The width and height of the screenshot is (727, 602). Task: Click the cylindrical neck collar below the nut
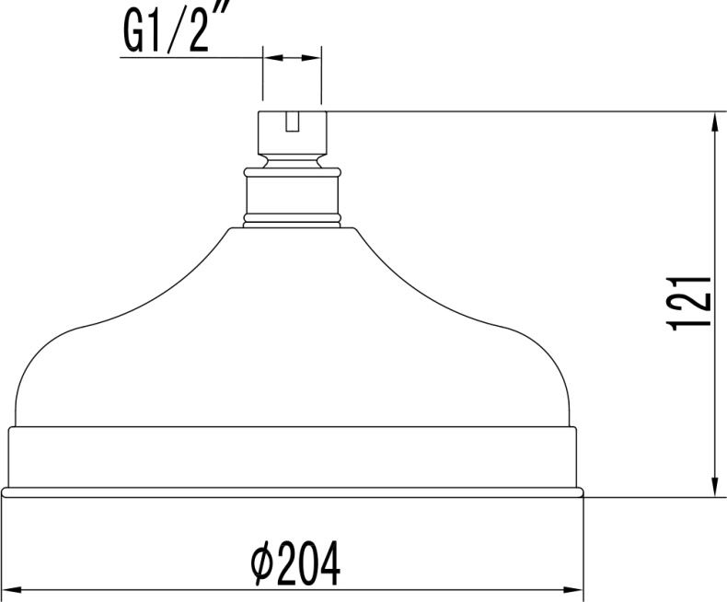[292, 195]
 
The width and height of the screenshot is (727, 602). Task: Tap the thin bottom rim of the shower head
[292, 493]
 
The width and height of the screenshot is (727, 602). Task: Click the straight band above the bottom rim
[292, 457]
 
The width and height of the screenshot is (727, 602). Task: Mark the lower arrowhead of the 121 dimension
[714, 487]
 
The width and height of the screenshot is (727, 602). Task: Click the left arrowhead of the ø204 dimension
[11, 588]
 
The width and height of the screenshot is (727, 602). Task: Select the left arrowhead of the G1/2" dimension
[271, 57]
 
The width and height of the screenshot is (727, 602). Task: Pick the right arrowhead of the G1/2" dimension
[315, 57]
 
